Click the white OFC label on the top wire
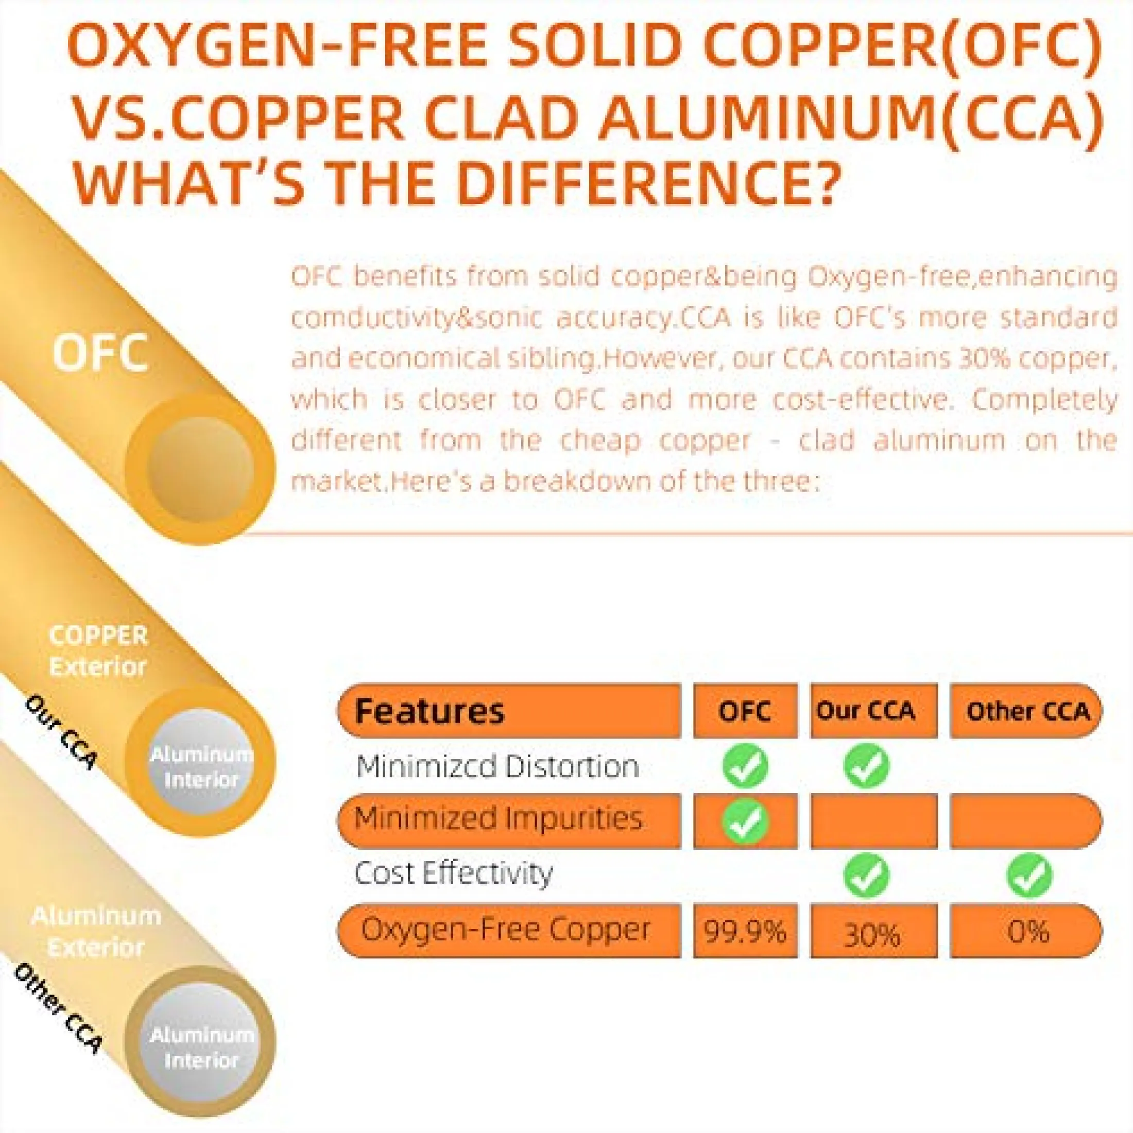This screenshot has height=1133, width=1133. (x=100, y=354)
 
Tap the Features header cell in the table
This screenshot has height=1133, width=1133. (x=508, y=711)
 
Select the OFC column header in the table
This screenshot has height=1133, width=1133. (x=745, y=711)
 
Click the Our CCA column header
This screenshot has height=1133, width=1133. (x=874, y=711)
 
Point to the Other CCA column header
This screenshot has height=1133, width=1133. (x=1026, y=711)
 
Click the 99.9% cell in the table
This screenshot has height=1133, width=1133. (x=745, y=931)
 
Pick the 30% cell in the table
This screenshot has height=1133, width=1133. (x=874, y=931)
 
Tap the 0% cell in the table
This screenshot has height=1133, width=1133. (x=1026, y=931)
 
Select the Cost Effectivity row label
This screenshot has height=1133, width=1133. (x=453, y=874)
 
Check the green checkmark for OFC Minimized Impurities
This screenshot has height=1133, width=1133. (x=745, y=821)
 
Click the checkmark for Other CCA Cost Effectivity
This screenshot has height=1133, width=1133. (x=1029, y=875)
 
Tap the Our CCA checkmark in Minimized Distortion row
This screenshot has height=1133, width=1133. (x=866, y=766)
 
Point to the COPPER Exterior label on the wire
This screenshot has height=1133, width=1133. (x=98, y=651)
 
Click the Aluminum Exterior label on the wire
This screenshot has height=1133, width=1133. (x=96, y=931)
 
